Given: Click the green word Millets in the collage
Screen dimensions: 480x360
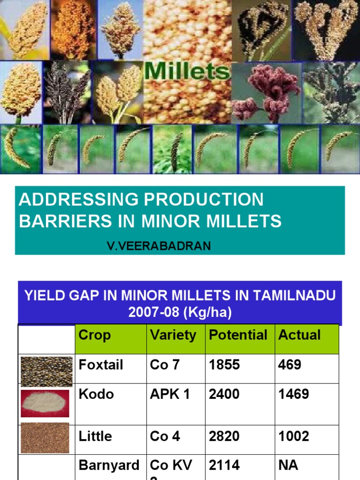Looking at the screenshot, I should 187,71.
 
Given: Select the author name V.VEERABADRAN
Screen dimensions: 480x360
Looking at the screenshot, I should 159,246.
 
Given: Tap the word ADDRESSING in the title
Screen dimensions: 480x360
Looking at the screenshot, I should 77,200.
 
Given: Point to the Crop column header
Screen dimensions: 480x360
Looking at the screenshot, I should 95,335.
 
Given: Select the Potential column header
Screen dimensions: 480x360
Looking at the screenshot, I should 238,335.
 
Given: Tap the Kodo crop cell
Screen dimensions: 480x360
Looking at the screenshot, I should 96,394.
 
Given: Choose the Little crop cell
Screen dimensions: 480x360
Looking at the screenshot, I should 95,436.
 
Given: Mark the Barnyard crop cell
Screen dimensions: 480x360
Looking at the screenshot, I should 109,465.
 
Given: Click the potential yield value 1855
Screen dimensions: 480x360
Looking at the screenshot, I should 225,365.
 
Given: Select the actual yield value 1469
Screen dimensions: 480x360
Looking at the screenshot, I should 293,394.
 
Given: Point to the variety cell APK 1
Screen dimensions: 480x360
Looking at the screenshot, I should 170,394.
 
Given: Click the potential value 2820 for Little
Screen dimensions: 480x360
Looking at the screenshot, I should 225,436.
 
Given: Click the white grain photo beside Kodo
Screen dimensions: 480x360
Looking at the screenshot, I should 45,404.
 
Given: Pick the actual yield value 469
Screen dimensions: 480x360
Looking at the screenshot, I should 290,365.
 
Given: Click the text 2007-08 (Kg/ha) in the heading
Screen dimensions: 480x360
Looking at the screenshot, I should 180,313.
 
